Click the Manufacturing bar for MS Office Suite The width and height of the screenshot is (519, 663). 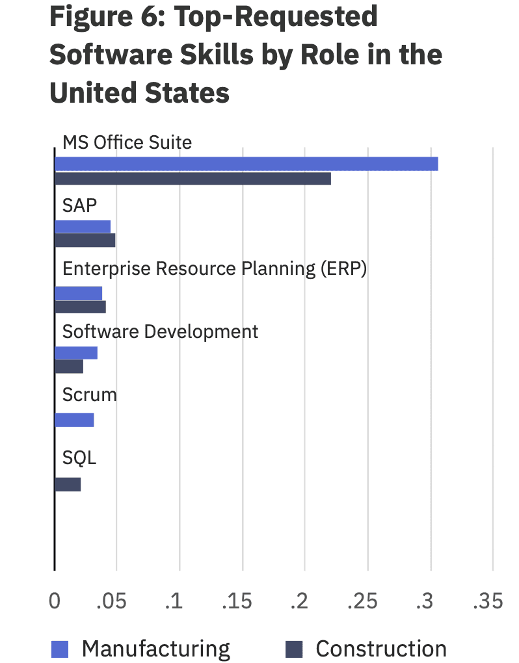point(246,164)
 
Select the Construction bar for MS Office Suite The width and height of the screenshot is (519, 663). point(193,179)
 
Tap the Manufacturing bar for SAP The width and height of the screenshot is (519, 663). point(83,226)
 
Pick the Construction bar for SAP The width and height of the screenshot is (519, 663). point(85,240)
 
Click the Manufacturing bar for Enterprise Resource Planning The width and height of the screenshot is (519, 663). point(78,293)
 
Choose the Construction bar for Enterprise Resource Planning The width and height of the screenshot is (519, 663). point(80,307)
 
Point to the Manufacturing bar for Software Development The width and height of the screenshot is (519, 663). point(76,353)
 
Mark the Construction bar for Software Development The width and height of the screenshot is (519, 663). point(69,367)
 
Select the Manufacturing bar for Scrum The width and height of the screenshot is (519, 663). point(74,420)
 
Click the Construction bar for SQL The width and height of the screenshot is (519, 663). point(68,484)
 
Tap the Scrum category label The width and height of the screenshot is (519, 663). point(89,395)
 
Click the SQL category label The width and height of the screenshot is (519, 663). point(79,458)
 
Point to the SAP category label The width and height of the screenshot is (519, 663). point(79,205)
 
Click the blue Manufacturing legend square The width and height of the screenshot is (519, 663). point(60,649)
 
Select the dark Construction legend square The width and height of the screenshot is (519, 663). point(295,649)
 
